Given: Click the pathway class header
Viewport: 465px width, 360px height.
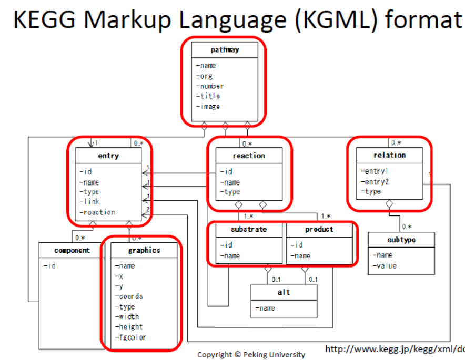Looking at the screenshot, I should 225,50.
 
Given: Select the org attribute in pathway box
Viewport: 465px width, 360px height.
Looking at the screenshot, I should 205,76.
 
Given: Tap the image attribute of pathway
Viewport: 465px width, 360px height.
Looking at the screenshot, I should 209,107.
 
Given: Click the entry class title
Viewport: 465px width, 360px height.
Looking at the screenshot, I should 108,156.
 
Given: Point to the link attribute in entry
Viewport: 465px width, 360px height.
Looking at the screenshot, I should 90,202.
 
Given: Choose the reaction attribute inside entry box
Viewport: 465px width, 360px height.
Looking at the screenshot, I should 98,212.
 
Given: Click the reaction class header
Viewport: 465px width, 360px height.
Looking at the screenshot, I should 249,156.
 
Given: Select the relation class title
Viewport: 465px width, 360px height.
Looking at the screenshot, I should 389,155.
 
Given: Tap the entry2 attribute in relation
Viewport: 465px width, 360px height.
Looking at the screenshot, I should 375,181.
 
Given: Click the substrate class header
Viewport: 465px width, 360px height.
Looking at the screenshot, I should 249,230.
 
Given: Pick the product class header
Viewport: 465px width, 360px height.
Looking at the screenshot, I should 319,230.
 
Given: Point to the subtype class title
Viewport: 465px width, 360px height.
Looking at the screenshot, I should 401,240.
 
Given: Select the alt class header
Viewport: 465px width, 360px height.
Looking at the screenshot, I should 284,292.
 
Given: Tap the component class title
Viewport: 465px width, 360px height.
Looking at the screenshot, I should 72,251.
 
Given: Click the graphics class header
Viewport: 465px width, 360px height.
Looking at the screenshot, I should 144,251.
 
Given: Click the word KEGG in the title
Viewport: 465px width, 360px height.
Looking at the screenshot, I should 50,19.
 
